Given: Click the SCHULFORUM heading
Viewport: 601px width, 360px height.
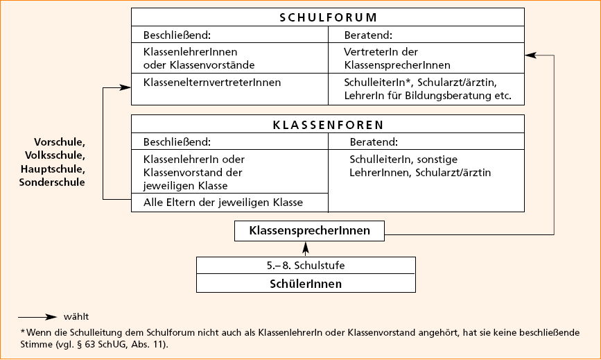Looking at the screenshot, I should [328, 18].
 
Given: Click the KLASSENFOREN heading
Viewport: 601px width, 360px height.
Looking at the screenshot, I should [328, 126].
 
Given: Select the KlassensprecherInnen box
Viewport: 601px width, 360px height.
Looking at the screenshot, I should [309, 230].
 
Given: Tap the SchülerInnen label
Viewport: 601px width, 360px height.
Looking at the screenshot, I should [306, 284].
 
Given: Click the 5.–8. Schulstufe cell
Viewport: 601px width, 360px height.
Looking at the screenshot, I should [306, 266].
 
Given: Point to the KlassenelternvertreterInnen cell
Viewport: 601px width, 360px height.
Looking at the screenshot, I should [211, 83].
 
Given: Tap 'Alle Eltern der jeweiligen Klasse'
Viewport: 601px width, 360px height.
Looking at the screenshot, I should [223, 203].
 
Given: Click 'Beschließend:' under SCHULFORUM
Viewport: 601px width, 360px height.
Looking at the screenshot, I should [176, 34].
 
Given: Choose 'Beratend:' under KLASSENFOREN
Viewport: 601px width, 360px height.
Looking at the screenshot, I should [373, 142].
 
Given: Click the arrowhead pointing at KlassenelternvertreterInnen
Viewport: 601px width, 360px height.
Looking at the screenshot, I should [125, 87].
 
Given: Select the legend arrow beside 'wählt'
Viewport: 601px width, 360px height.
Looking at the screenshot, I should [38, 316].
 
